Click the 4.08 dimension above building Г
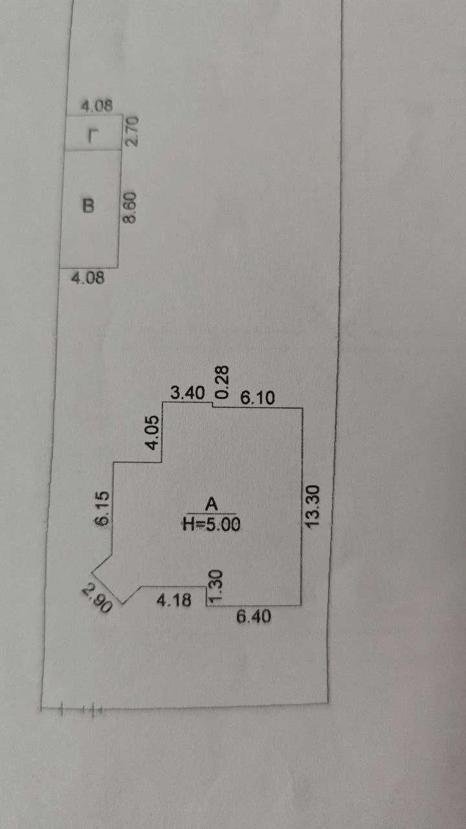coord(97,106)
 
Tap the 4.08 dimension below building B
coord(88,278)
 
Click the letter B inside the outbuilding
coord(88,206)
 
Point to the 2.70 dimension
coord(133,131)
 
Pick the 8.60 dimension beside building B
coord(130,207)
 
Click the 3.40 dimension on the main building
coord(188,392)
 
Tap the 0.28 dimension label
coord(222,382)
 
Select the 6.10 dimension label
coord(258,398)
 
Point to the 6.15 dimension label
coord(102,508)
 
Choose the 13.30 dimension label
coord(312,506)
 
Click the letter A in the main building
coord(212,504)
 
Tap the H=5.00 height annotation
coord(212,524)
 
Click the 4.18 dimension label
coord(174,600)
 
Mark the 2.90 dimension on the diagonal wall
coord(96,598)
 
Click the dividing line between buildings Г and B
coord(93,150)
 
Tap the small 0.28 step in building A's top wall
coord(213,405)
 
